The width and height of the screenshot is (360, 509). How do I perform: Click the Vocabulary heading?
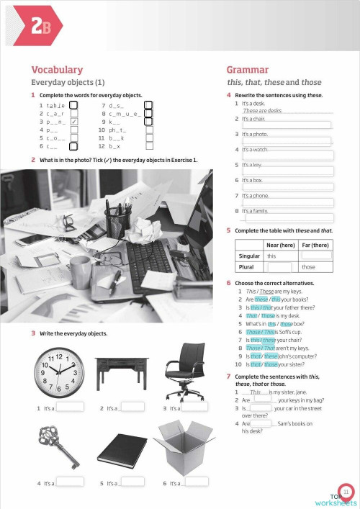[x=57, y=70]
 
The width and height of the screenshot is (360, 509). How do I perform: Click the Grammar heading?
[x=248, y=70]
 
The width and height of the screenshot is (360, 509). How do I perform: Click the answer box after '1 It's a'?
[x=70, y=407]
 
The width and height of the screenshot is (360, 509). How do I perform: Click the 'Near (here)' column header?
[x=280, y=245]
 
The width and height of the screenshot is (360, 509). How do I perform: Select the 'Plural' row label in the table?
[x=249, y=267]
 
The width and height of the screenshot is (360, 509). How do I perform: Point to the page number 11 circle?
[x=346, y=491]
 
